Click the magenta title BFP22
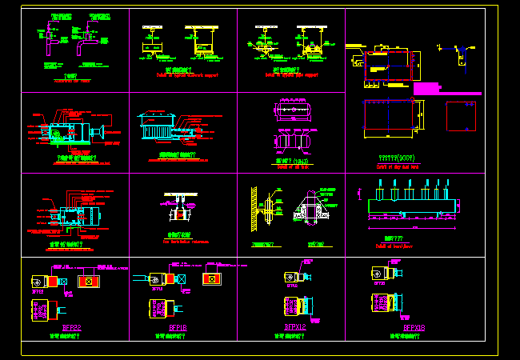pyautogui.click(x=73, y=328)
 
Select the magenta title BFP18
pyautogui.click(x=178, y=328)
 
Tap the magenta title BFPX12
pyautogui.click(x=295, y=327)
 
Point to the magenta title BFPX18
pyautogui.click(x=414, y=327)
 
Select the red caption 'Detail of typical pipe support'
pyautogui.click(x=291, y=75)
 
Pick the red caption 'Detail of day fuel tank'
pyautogui.click(x=398, y=166)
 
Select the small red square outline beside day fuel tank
pyautogui.click(x=459, y=117)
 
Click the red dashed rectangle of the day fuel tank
pyautogui.click(x=387, y=66)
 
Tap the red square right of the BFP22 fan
pyautogui.click(x=88, y=282)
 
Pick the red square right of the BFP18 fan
pyautogui.click(x=211, y=278)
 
